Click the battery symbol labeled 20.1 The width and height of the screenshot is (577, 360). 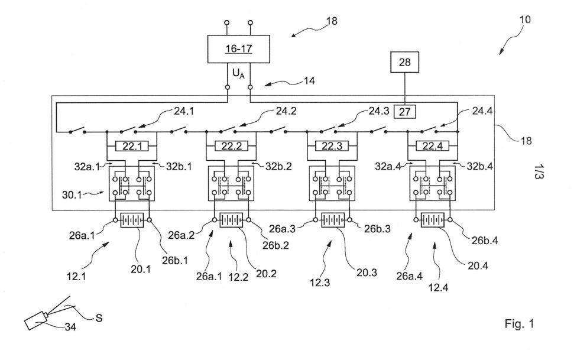[x=132, y=220]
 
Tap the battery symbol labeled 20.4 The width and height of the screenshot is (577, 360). [x=432, y=220]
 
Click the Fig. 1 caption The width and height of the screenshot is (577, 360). [x=519, y=324]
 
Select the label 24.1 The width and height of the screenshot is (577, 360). [x=184, y=111]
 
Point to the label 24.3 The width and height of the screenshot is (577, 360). [x=378, y=111]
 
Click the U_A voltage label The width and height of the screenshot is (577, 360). [x=238, y=74]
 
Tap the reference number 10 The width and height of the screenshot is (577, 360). [x=525, y=19]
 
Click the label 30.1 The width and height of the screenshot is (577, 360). [x=72, y=194]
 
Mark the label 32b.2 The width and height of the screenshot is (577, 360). [x=278, y=166]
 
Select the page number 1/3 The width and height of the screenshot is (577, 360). [x=538, y=171]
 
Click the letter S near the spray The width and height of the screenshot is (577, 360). [x=99, y=317]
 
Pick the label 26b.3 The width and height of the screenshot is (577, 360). [x=377, y=229]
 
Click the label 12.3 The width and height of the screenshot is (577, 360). [x=319, y=283]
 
